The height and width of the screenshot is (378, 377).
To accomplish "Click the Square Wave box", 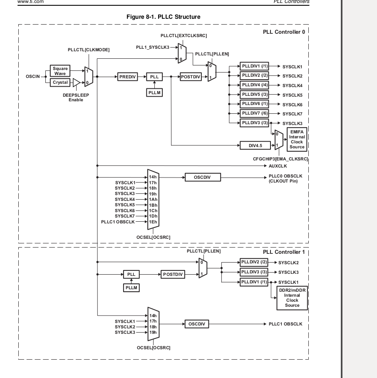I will [x=60, y=71].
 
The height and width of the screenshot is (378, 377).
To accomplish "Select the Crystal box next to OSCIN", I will [x=60, y=83].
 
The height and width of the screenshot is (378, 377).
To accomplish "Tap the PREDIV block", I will [x=128, y=77].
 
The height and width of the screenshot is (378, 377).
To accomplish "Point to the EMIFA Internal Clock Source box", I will [x=297, y=140].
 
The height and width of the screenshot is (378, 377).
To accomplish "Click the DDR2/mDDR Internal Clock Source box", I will [x=292, y=298].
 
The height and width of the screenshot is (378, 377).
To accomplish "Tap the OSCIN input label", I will [x=32, y=77].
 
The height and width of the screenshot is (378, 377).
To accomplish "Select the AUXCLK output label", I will [x=278, y=165].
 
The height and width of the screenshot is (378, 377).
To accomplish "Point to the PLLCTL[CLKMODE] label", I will [x=89, y=50].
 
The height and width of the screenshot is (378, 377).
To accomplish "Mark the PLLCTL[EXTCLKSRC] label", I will [x=184, y=35].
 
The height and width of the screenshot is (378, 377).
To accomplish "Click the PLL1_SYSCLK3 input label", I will [x=152, y=47].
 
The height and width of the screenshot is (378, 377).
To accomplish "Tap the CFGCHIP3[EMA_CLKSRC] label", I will [x=283, y=159].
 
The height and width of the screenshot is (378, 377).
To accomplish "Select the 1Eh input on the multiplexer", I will [x=153, y=222].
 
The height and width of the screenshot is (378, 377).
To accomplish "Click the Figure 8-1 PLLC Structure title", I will [x=164, y=17].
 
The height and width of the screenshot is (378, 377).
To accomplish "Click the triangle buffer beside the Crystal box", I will [x=76, y=83].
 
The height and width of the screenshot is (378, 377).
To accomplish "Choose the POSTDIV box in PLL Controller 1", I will [x=173, y=274].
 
